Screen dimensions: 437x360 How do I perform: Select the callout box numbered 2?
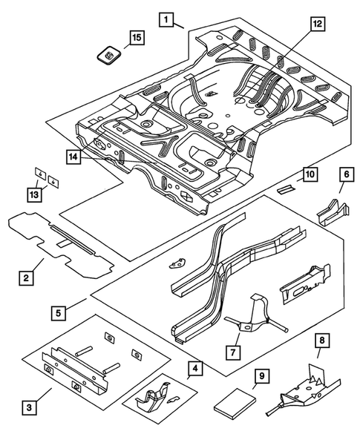click(26, 278)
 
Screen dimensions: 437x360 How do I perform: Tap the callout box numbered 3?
click(27, 406)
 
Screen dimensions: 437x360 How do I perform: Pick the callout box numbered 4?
click(194, 367)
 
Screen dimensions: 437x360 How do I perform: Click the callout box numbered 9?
click(261, 376)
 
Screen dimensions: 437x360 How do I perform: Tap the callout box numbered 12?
click(318, 25)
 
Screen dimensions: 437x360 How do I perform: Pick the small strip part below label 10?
click(286, 189)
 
